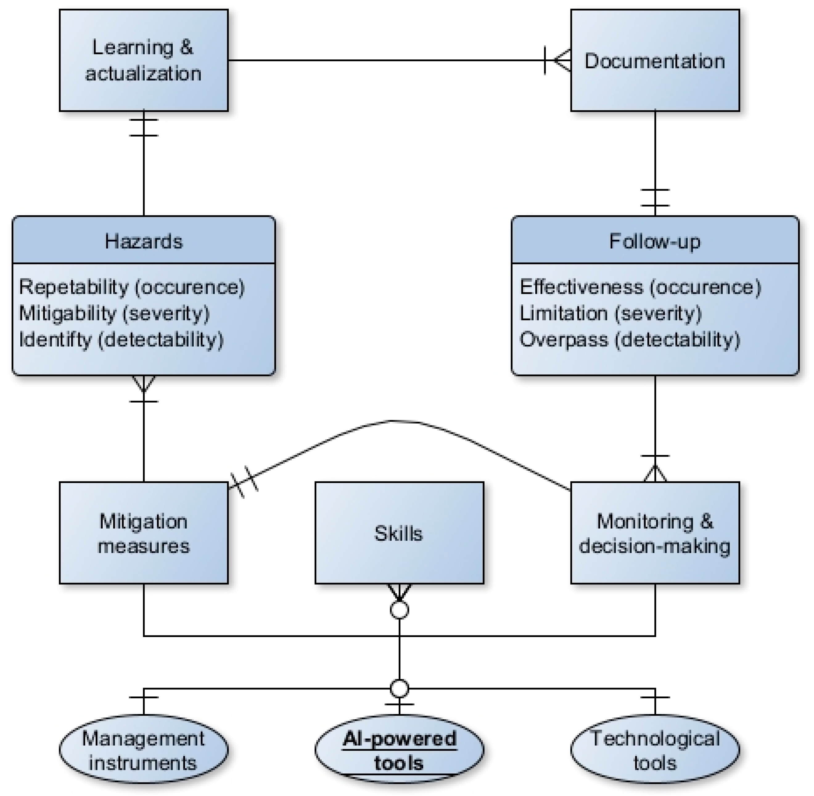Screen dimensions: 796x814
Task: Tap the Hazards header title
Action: click(x=144, y=241)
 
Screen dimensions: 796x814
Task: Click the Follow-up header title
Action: click(x=655, y=241)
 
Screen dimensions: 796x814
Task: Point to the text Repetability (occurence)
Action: click(x=132, y=287)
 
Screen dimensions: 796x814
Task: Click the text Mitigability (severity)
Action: click(x=114, y=313)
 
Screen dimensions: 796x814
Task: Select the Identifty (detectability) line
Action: click(x=121, y=339)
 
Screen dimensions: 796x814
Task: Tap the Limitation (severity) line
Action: click(x=610, y=313)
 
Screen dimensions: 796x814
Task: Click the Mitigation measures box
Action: click(x=144, y=533)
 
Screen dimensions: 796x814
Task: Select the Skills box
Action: click(x=399, y=533)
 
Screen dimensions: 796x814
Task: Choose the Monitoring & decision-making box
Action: click(x=655, y=533)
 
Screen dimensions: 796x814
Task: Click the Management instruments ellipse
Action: click(x=144, y=751)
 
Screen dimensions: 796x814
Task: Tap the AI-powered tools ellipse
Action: click(x=399, y=751)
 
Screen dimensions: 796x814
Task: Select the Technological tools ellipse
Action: click(x=655, y=751)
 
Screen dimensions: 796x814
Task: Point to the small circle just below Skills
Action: click(x=399, y=610)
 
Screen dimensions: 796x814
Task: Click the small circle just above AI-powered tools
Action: click(x=399, y=688)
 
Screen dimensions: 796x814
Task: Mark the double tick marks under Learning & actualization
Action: click(x=144, y=128)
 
